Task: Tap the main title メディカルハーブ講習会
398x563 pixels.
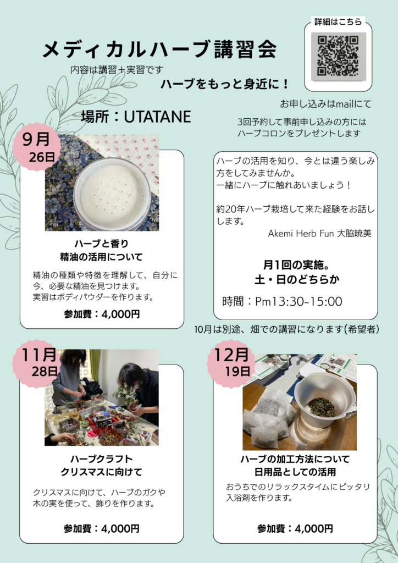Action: (160, 49)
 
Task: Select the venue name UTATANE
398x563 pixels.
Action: (157, 117)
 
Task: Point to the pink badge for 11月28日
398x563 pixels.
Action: (37, 363)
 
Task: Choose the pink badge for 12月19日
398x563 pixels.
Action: (231, 363)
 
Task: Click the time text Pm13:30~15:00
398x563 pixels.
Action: (298, 301)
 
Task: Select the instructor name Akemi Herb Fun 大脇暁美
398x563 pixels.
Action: (320, 233)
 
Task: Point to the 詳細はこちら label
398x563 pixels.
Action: (338, 22)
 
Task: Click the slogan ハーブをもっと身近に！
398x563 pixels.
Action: (225, 84)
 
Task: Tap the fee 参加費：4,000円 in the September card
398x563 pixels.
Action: (102, 314)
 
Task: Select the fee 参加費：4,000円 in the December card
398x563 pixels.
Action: (295, 528)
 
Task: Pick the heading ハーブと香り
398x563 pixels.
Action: (102, 244)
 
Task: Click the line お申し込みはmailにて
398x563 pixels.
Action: (326, 104)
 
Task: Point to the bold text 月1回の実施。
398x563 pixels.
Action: (296, 266)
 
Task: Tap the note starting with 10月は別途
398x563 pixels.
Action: (287, 329)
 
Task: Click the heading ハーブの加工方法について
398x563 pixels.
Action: (295, 459)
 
